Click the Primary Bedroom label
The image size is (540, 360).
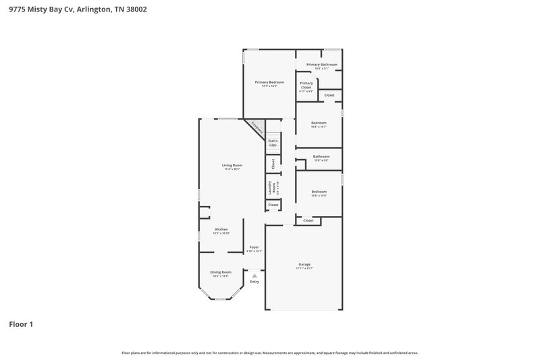click(x=269, y=82)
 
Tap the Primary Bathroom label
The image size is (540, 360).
click(x=321, y=65)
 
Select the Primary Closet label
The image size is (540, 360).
click(x=306, y=85)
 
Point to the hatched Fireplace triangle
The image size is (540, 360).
click(x=255, y=126)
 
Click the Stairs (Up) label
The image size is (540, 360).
click(x=273, y=143)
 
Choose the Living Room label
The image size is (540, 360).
click(x=232, y=165)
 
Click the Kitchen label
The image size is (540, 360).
click(x=221, y=230)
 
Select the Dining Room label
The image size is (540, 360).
click(x=221, y=272)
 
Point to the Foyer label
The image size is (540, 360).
click(x=254, y=247)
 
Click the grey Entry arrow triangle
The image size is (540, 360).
click(x=254, y=276)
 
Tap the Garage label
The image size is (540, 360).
click(x=304, y=264)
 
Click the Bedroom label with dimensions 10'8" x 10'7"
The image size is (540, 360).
click(x=319, y=123)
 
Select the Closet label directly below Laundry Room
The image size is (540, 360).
click(x=273, y=205)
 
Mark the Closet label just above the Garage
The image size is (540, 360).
click(x=308, y=221)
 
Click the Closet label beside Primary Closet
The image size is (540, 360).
click(x=329, y=95)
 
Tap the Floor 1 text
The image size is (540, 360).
click(x=21, y=324)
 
